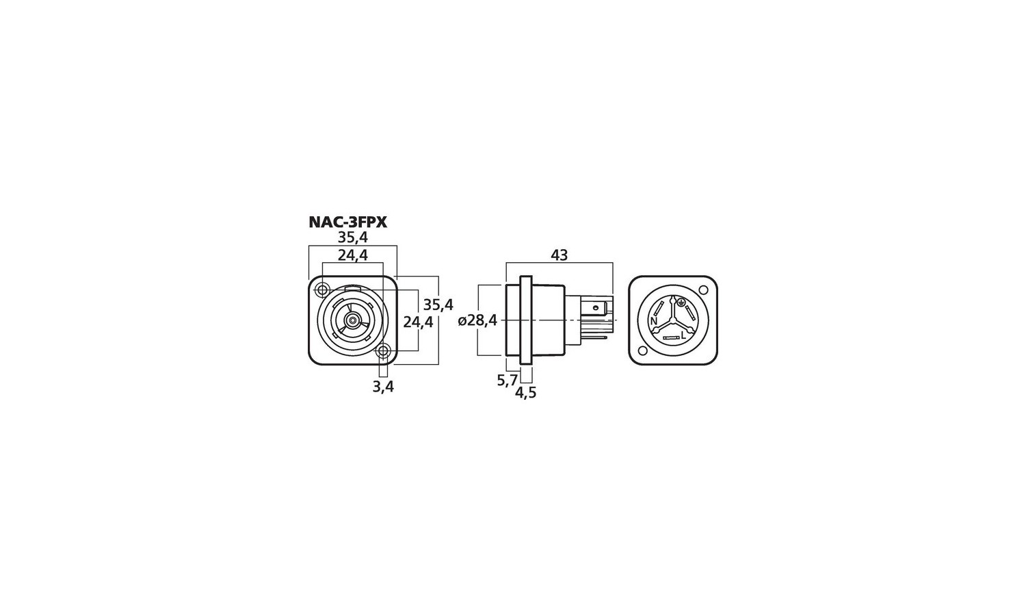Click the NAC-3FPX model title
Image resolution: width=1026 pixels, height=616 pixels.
tap(348, 222)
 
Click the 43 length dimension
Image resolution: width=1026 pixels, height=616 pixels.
tap(560, 255)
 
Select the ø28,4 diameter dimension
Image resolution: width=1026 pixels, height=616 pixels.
tap(477, 320)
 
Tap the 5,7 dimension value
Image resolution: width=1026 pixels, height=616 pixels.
tap(507, 380)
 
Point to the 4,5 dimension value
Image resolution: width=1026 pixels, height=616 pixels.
tap(525, 392)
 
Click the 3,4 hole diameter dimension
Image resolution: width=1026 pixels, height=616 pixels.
tap(383, 387)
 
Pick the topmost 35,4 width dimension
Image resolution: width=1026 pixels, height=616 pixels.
tap(353, 238)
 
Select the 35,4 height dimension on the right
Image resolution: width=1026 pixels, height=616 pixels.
tap(438, 305)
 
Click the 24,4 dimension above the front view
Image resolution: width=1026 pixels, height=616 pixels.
tap(353, 255)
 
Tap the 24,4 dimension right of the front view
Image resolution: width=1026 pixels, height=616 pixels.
tap(418, 322)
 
